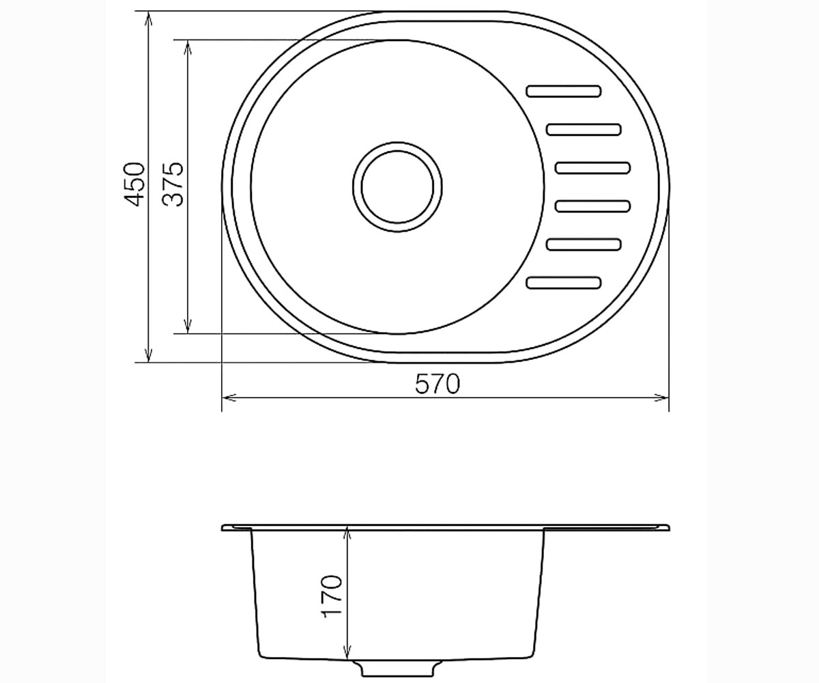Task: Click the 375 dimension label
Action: tap(173, 184)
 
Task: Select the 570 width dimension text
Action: tap(437, 384)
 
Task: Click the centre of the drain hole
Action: tap(398, 187)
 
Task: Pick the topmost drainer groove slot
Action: tap(564, 91)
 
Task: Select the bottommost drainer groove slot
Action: tap(564, 283)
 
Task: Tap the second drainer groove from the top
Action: tap(584, 130)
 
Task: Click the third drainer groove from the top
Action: tap(592, 167)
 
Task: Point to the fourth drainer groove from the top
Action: tap(592, 206)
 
